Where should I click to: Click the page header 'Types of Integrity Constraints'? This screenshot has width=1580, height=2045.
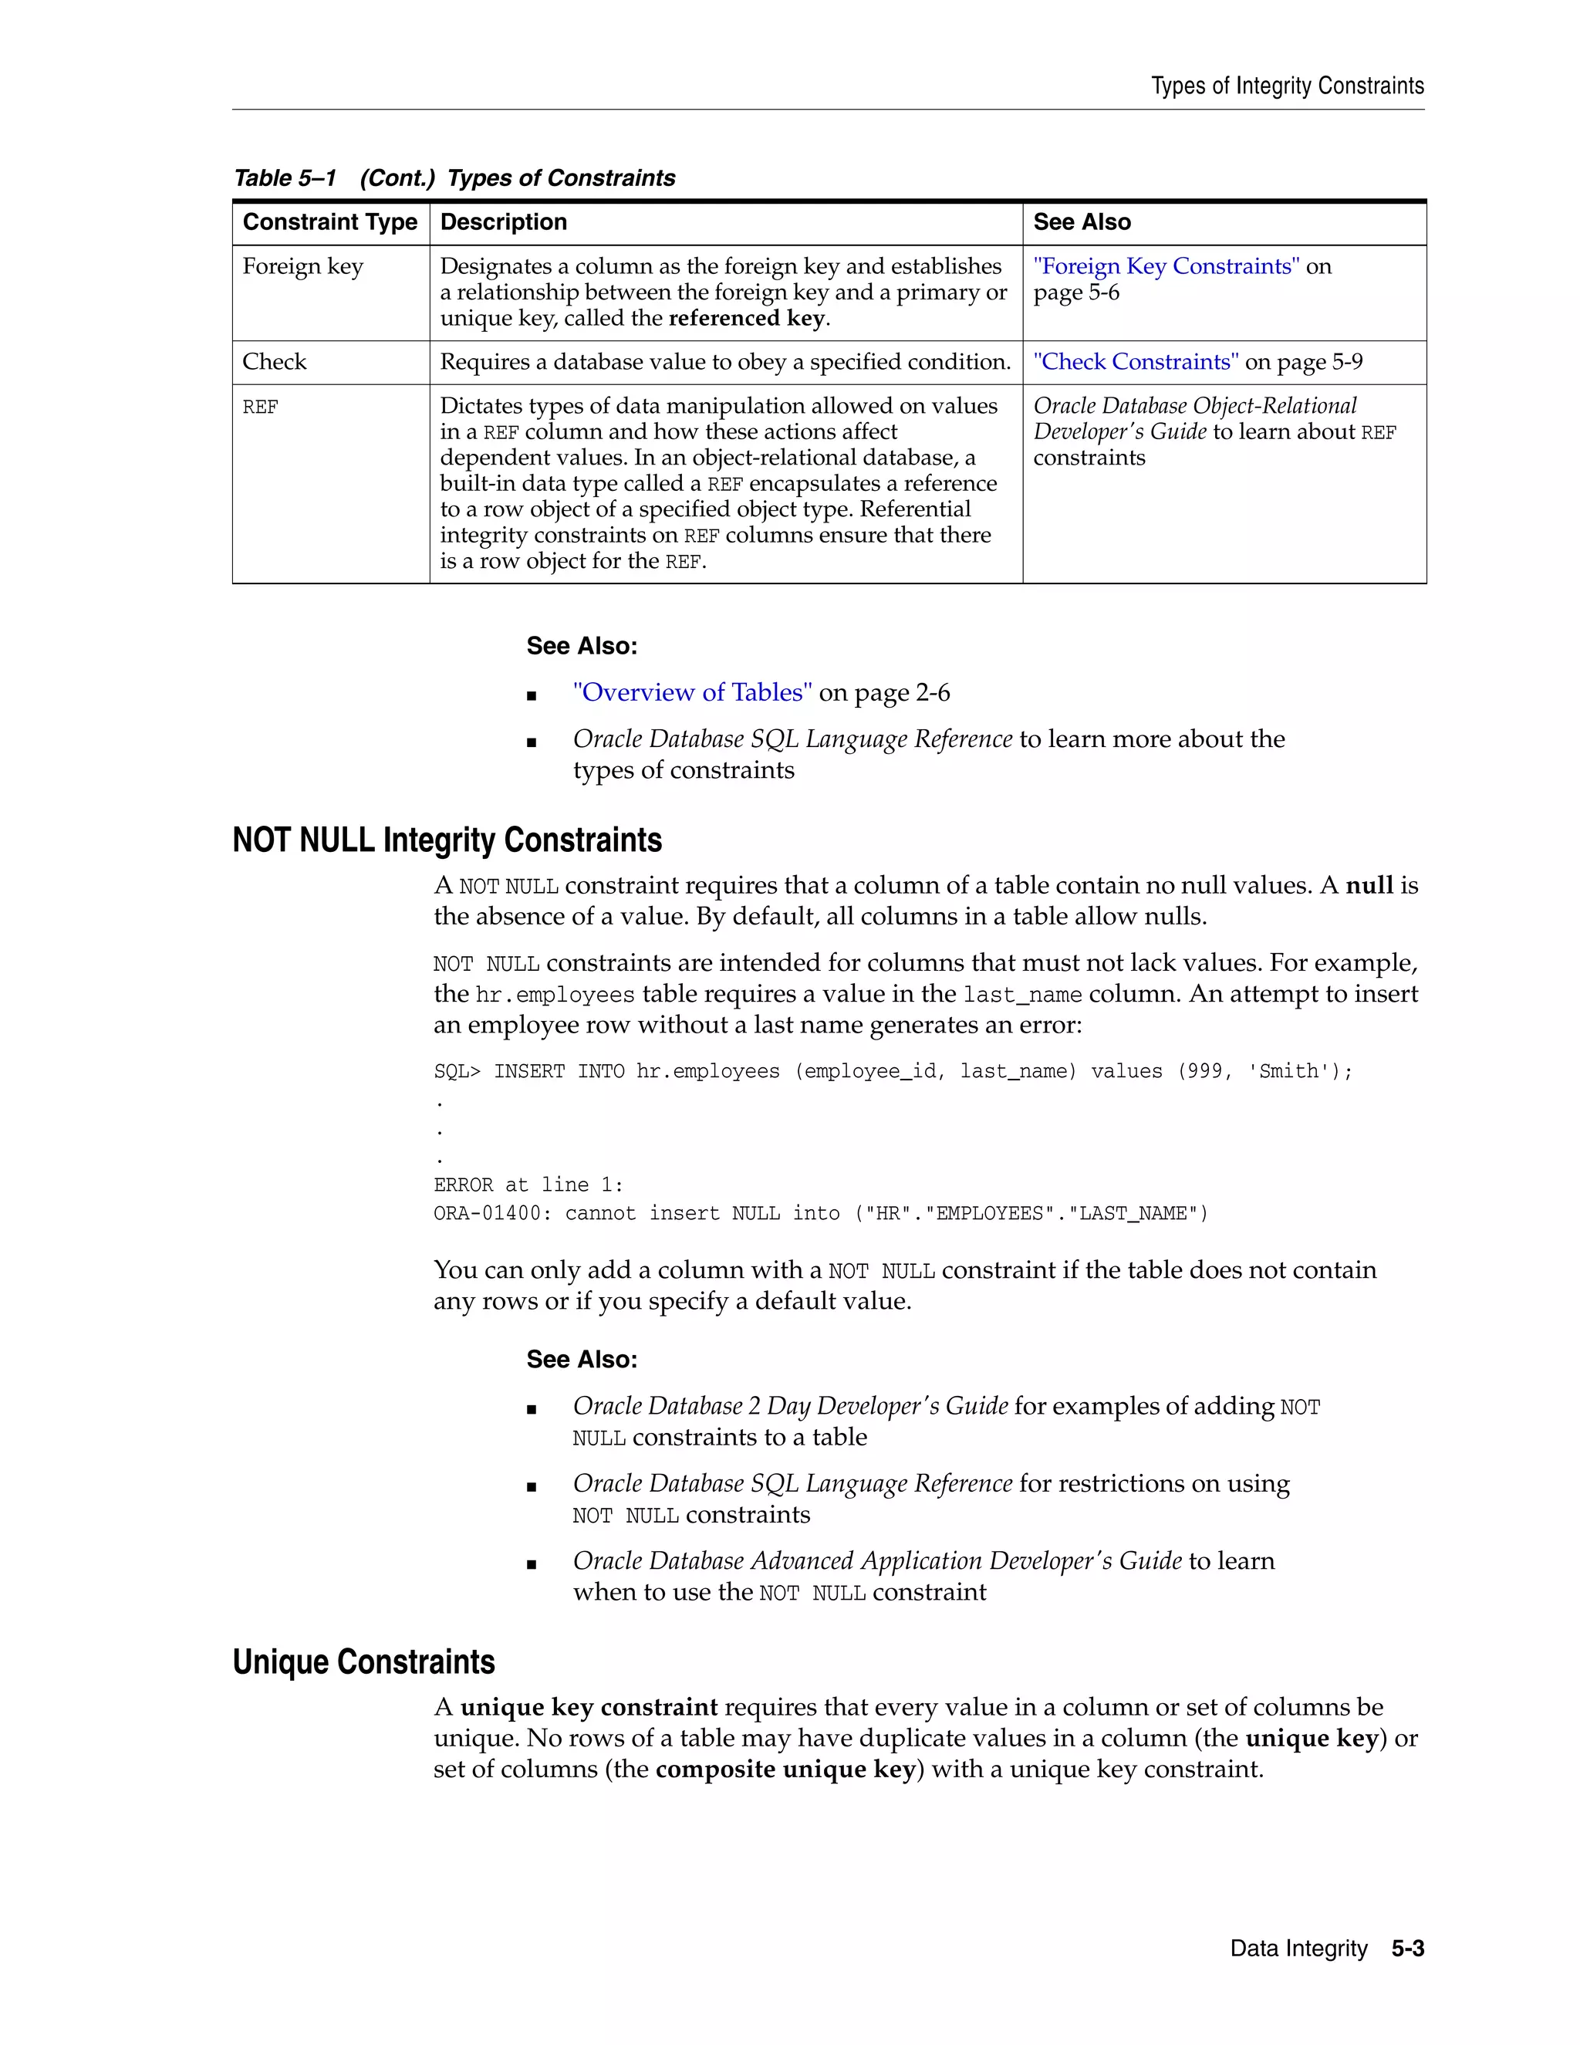click(1287, 86)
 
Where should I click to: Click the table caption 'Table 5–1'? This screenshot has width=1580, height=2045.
click(285, 178)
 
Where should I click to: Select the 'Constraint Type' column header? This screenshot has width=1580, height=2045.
click(329, 222)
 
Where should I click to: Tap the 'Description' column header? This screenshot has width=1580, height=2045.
click(504, 222)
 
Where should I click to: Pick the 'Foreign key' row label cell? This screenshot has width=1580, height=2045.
click(302, 267)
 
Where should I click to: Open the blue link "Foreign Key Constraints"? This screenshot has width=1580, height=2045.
click(1166, 267)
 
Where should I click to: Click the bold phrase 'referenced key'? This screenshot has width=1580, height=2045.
click(746, 319)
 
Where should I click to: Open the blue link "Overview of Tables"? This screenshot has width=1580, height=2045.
click(692, 693)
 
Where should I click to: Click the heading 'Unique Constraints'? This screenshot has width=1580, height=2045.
click(363, 1661)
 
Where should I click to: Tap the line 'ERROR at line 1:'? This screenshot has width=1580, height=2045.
click(528, 1185)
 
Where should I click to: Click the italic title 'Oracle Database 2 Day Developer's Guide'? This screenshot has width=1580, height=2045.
click(790, 1406)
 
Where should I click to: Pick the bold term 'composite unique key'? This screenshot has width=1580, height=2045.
click(785, 1769)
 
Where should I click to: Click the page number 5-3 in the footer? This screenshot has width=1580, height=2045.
click(1407, 1949)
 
